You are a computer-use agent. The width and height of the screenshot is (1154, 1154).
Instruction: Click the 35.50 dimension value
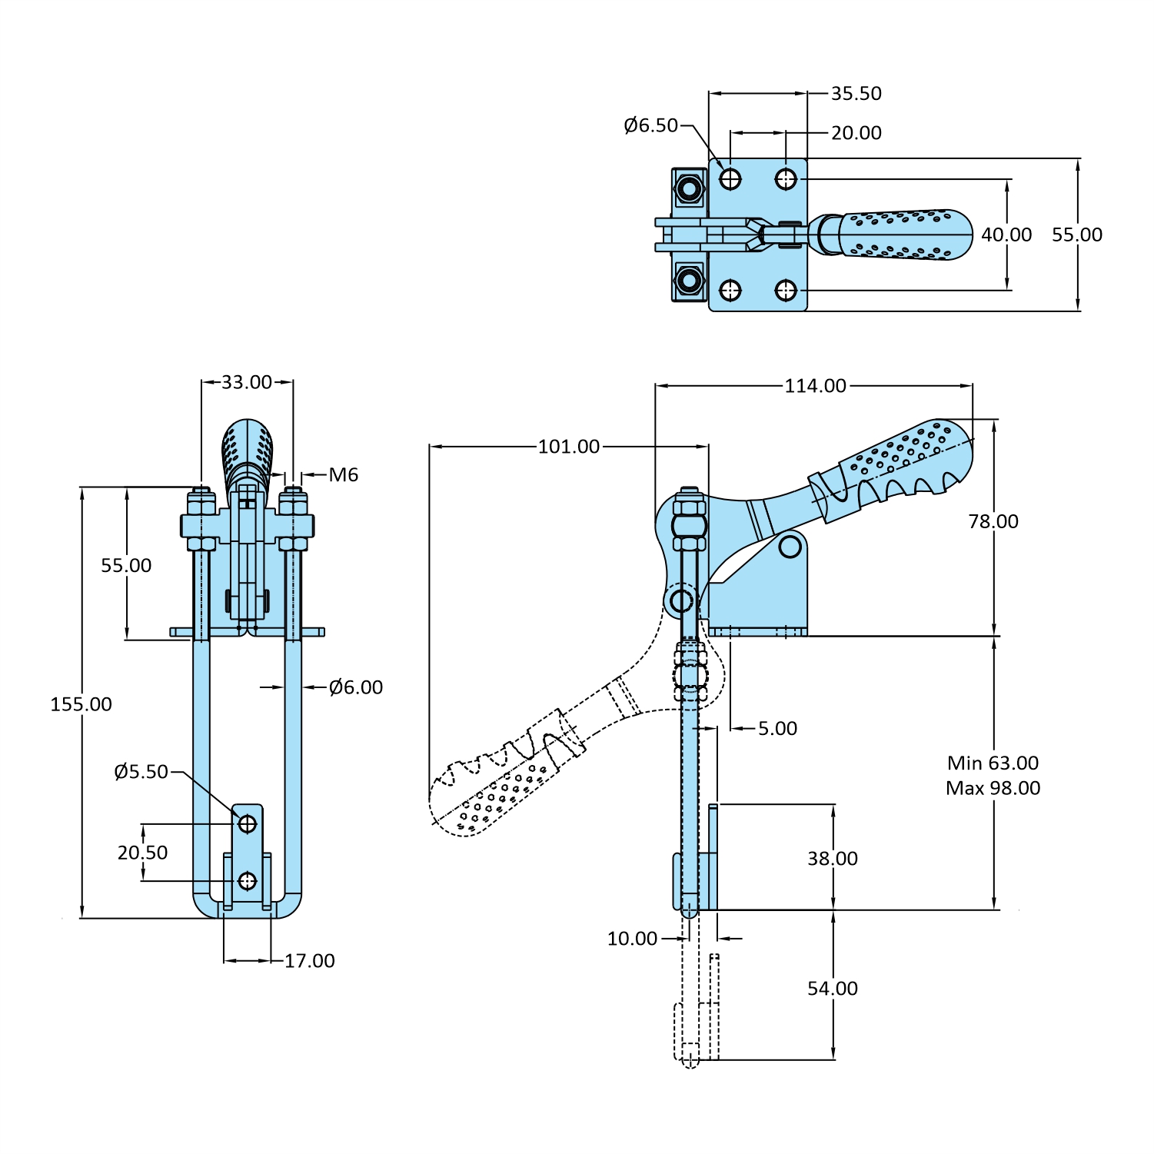(x=856, y=94)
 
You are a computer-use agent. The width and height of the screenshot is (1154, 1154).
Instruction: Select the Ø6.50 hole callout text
(x=650, y=125)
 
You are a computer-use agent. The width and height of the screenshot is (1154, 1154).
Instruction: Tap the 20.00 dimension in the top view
(x=856, y=133)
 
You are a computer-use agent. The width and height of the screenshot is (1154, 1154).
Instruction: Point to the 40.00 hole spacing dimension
(x=1006, y=234)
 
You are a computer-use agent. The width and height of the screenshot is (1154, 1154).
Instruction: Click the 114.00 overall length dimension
(x=815, y=386)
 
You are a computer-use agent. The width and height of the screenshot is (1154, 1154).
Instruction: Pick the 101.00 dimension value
(x=568, y=447)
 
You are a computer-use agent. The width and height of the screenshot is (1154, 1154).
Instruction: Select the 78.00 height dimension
(x=993, y=521)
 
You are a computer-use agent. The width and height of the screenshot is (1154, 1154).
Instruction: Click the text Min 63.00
(x=993, y=763)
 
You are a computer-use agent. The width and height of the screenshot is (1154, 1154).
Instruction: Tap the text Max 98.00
(x=993, y=788)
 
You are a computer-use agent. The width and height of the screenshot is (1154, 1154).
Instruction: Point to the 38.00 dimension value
(x=832, y=859)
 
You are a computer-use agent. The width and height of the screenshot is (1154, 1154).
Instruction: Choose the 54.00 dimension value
(x=832, y=989)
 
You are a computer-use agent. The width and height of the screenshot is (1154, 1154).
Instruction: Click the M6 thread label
(x=343, y=475)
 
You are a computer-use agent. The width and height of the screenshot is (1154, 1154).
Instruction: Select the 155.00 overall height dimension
(x=81, y=704)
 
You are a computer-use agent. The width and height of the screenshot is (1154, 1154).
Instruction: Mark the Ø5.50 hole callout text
(x=141, y=772)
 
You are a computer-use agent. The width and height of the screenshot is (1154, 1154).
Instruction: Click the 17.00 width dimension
(x=309, y=961)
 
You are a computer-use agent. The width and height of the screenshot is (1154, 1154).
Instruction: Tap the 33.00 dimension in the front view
(x=247, y=382)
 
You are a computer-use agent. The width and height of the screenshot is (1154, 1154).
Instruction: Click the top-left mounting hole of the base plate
(x=730, y=179)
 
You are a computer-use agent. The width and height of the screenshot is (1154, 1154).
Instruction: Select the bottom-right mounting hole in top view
(x=785, y=291)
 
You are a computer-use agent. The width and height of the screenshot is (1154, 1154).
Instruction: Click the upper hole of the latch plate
(x=247, y=824)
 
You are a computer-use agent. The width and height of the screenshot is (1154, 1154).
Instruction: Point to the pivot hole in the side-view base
(x=790, y=547)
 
